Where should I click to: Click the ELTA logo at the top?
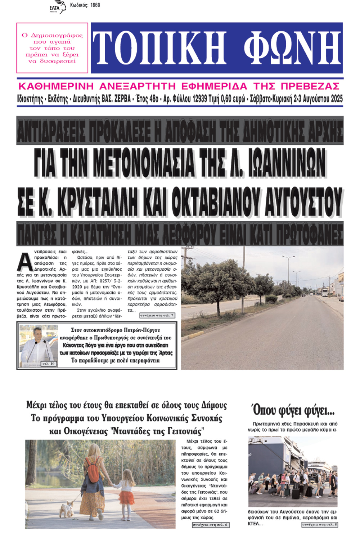58,7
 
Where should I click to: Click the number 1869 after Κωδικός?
95,5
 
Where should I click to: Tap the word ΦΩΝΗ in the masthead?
292,48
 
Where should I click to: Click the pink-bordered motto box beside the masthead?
52,48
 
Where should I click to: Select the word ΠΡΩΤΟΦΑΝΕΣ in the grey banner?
304,234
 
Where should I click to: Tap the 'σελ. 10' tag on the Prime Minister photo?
48,363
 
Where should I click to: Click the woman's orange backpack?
93,469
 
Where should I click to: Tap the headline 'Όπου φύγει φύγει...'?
293,410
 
